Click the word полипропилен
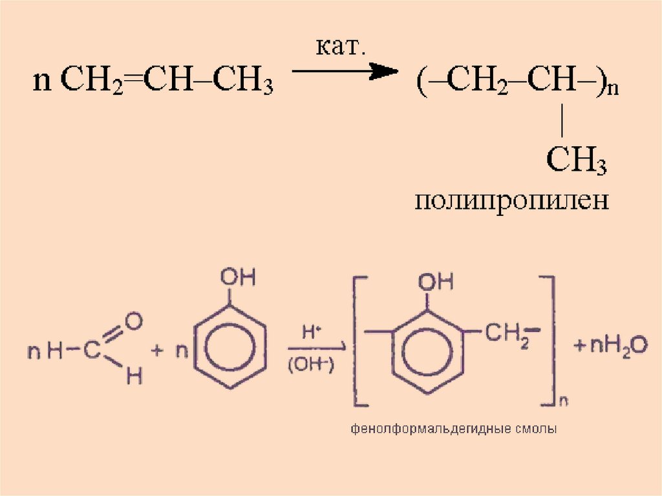click(x=512, y=200)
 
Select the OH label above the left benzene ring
click(x=237, y=278)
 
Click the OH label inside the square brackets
click(x=436, y=282)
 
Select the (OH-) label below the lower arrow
click(x=310, y=365)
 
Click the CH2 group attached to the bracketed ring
click(x=509, y=336)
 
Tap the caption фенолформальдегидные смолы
click(x=454, y=429)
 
